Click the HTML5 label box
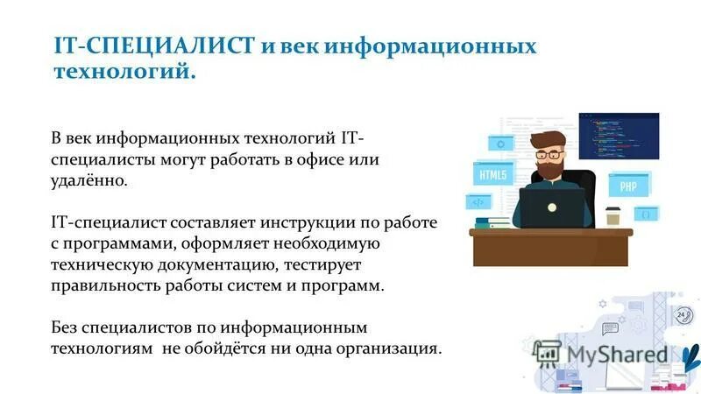pyautogui.click(x=492, y=174)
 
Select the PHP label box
pyautogui.click(x=628, y=186)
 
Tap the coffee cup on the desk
pyautogui.click(x=613, y=215)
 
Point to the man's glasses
pyautogui.click(x=549, y=154)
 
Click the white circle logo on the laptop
pyautogui.click(x=553, y=208)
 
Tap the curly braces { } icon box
pyautogui.click(x=646, y=213)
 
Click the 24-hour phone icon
pyautogui.click(x=682, y=315)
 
